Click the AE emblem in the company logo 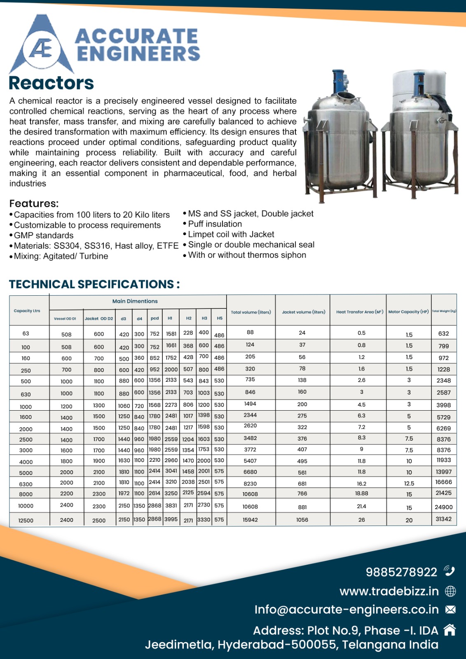coord(41,49)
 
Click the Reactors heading coord(51,83)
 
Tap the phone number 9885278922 coord(401,572)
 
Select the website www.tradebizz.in coord(389,591)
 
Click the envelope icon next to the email coord(450,610)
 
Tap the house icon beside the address coord(450,630)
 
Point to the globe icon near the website coord(450,591)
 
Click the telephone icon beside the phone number coord(449,571)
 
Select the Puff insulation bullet coord(215,224)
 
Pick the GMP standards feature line coord(44,236)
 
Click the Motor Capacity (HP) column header coord(408,312)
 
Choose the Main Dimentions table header coord(135,301)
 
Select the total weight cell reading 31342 coord(443,519)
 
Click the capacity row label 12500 coord(26,521)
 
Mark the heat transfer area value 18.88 coord(361,493)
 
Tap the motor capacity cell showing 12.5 coord(409,484)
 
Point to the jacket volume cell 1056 coord(302,520)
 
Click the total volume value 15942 coord(250,520)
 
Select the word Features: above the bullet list coord(34,203)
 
